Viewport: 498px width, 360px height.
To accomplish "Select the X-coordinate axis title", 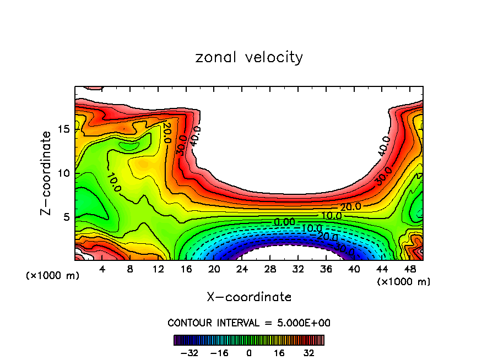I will tap(249, 297).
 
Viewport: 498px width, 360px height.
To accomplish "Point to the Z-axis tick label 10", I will tap(63, 173).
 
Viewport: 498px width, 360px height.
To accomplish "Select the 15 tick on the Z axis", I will tap(63, 129).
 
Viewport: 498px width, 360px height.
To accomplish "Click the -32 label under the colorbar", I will tap(190, 352).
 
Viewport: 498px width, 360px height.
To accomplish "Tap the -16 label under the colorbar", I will tap(219, 352).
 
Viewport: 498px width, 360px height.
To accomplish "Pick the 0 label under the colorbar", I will tap(249, 352).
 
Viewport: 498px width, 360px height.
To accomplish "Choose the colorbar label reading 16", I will tap(279, 352).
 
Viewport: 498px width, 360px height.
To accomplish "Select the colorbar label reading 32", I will tap(308, 352).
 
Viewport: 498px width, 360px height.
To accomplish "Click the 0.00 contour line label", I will tap(284, 221).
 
